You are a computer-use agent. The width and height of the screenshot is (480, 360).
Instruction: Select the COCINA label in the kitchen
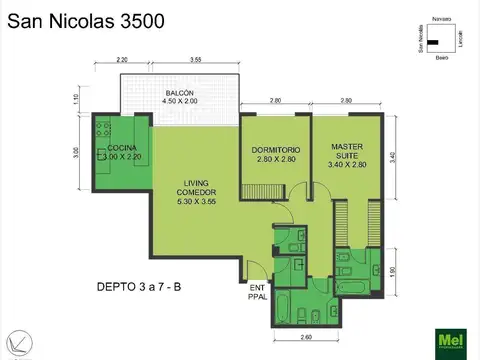click(122, 152)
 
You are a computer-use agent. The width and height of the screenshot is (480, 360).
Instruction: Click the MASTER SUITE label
click(346, 152)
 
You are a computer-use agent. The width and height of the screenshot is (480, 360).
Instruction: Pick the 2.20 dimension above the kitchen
click(122, 61)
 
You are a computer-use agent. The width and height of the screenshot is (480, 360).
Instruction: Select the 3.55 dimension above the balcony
click(196, 61)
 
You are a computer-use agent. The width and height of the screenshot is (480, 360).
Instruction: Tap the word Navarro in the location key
click(441, 21)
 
